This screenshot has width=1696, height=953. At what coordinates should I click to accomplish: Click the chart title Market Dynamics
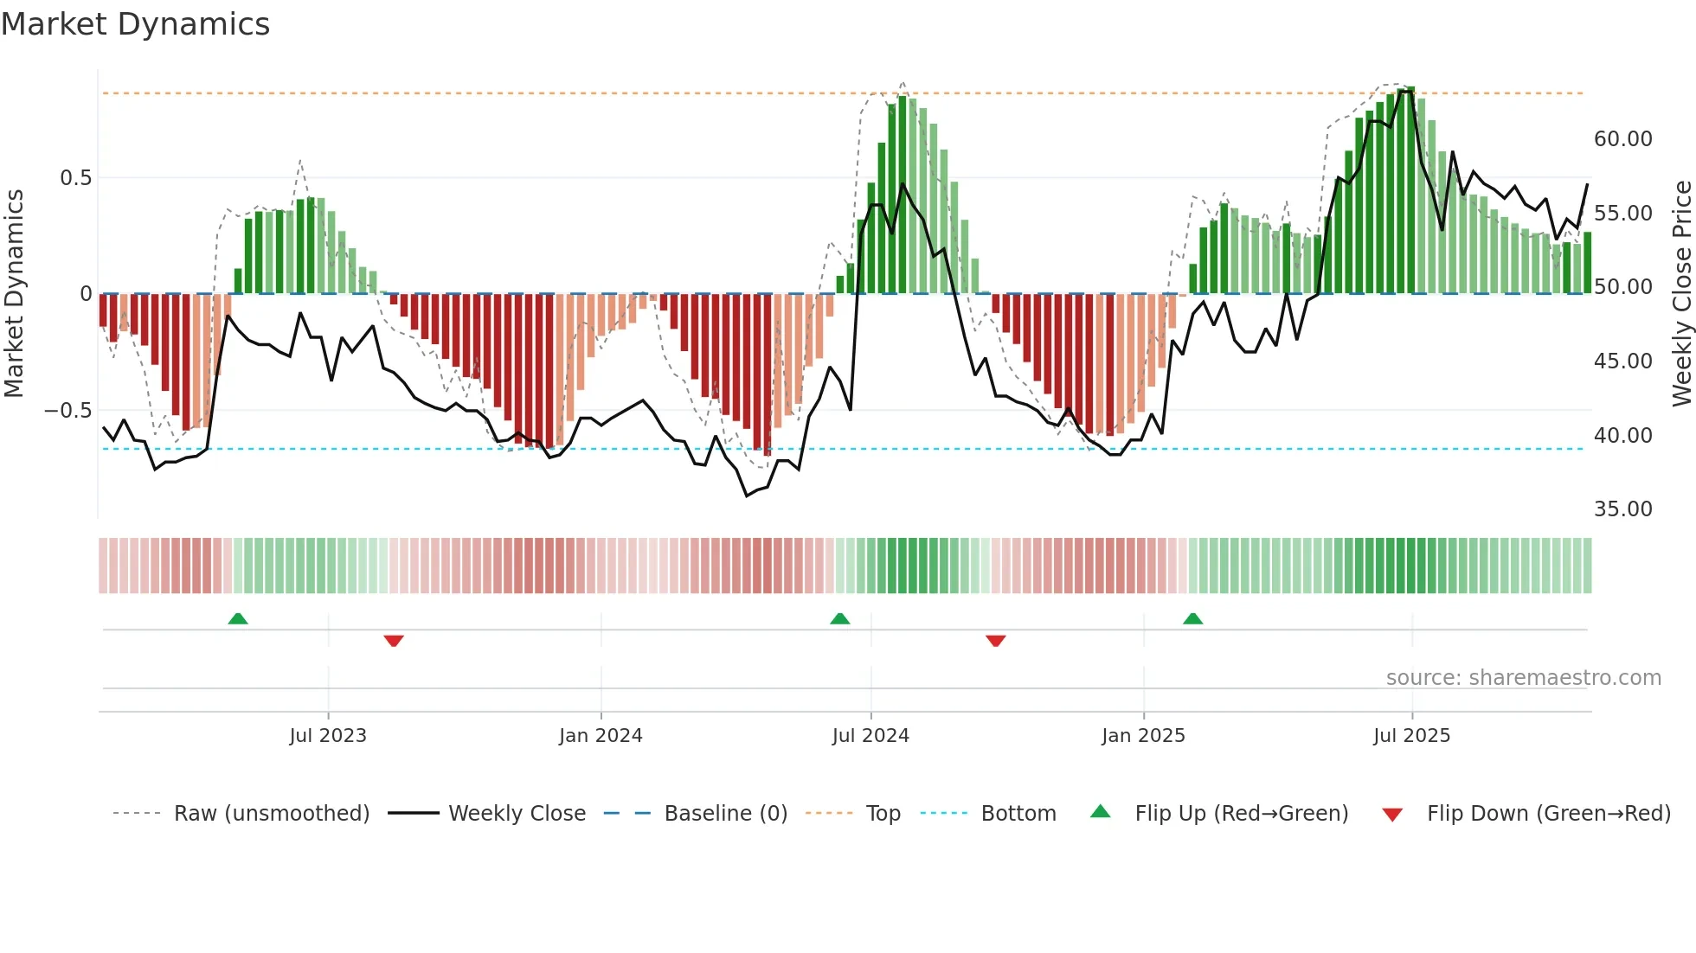[x=136, y=24]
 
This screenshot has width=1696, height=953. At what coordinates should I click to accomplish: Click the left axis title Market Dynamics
[x=14, y=294]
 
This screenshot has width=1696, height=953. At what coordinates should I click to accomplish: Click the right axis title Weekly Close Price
[x=1681, y=294]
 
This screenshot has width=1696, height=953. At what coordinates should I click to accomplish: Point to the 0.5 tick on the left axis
[x=75, y=178]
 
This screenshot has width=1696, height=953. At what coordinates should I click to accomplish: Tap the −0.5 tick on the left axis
[x=67, y=411]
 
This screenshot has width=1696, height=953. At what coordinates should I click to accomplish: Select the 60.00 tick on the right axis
[x=1622, y=139]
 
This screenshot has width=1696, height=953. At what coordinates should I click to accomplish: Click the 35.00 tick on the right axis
[x=1622, y=509]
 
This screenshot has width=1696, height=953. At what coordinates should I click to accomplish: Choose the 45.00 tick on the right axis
[x=1622, y=361]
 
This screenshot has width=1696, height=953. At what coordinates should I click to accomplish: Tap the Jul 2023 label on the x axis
[x=328, y=736]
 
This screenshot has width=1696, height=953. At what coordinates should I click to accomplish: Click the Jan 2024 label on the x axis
[x=601, y=736]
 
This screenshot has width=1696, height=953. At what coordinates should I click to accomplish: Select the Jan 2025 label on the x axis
[x=1143, y=736]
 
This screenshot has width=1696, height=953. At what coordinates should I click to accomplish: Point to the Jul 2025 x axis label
[x=1411, y=736]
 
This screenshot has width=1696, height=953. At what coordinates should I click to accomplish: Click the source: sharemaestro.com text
[x=1523, y=678]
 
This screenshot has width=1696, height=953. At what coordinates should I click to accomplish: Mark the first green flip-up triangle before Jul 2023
[x=238, y=618]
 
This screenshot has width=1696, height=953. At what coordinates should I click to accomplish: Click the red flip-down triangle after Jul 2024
[x=995, y=641]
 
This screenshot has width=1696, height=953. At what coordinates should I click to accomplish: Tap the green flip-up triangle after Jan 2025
[x=1192, y=618]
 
